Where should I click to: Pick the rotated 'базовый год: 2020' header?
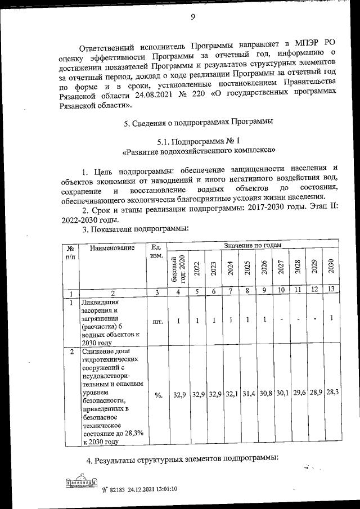[178, 270]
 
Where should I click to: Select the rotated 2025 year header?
[246, 268]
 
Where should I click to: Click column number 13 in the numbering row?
[331, 291]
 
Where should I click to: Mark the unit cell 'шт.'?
[157, 322]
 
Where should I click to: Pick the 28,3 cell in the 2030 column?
[331, 394]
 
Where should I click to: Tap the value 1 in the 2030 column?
[331, 319]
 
